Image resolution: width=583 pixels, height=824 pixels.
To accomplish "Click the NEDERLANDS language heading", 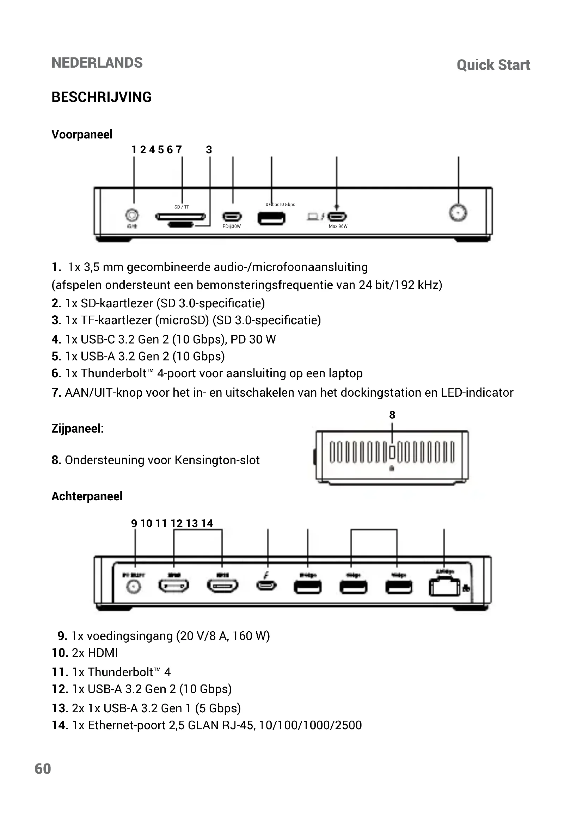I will (97, 63).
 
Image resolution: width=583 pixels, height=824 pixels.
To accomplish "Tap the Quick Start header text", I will (493, 65).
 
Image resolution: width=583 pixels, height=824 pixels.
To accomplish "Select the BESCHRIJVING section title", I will (101, 97).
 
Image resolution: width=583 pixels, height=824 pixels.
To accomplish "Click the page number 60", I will (43, 769).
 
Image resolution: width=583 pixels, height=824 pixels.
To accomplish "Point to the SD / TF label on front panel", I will (182, 207).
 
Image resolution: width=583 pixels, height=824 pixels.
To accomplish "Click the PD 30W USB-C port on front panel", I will (232, 217).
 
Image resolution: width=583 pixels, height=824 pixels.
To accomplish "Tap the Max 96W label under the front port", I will (338, 227).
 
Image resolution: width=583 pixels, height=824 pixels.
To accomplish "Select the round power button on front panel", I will (458, 213).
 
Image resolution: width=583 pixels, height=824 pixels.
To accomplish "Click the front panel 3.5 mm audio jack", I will (132, 215).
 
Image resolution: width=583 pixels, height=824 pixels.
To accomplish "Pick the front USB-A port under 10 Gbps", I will (271, 218).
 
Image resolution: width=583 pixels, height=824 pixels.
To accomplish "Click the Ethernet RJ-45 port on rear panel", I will (444, 588).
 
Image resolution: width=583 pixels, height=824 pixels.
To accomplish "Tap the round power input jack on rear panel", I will (134, 587).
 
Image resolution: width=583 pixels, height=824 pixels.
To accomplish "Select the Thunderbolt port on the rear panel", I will (266, 586).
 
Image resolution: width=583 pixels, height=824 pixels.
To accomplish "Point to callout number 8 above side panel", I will (392, 415).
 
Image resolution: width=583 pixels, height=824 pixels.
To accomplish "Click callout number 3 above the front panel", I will (209, 150).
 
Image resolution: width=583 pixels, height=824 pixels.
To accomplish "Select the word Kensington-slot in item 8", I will (217, 460).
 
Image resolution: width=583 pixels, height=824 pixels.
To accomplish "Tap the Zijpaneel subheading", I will (78, 428).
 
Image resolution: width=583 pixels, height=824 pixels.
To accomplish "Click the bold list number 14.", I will (60, 725).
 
